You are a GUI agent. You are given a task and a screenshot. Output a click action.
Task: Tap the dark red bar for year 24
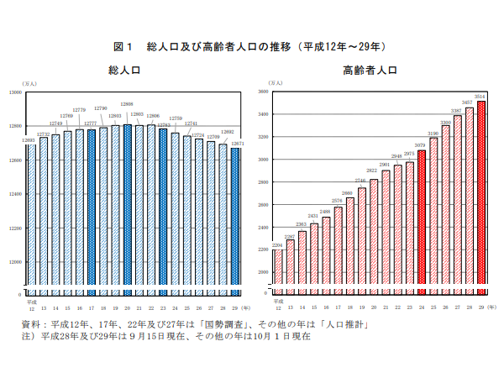click(422, 223)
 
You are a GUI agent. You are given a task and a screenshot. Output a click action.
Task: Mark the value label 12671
click(237, 144)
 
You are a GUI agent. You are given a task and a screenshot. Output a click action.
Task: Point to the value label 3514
click(480, 97)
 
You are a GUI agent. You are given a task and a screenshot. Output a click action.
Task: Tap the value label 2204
click(277, 245)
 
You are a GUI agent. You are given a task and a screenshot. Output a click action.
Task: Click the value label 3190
click(433, 133)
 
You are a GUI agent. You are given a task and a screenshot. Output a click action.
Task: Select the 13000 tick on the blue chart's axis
click(15, 92)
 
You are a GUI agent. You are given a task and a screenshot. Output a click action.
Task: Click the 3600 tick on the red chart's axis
click(262, 91)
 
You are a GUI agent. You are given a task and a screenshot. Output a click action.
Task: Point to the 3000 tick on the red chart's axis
click(262, 159)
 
